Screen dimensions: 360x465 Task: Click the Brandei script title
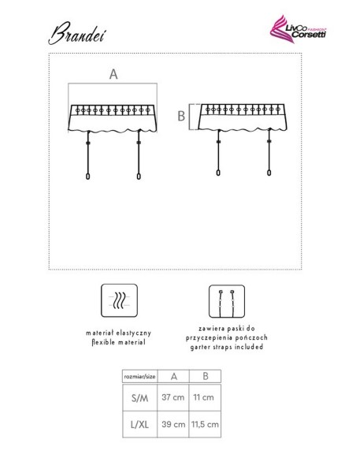tap(77, 33)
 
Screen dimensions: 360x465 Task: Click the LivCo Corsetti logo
tap(298, 29)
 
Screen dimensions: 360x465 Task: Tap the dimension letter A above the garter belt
tap(113, 74)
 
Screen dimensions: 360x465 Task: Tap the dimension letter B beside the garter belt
tap(181, 116)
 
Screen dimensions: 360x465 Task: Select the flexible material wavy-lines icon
tap(120, 300)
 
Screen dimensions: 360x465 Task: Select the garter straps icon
tap(227, 301)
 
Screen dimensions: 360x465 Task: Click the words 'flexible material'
tap(118, 342)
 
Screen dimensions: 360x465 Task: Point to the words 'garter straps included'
tap(227, 347)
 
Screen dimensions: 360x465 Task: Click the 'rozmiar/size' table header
tap(140, 377)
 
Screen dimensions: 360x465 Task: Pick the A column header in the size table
tap(174, 377)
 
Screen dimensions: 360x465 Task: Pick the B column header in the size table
tap(206, 376)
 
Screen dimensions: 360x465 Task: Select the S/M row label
tap(140, 398)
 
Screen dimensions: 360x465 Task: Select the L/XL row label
tap(139, 425)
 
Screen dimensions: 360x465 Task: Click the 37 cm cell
tap(173, 397)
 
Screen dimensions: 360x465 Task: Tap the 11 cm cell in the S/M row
tap(203, 397)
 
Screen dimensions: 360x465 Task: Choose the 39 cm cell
tap(173, 424)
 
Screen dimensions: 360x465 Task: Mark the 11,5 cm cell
tap(205, 424)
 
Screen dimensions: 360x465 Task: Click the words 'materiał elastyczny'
tap(118, 333)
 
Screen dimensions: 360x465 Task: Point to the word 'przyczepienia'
tap(210, 338)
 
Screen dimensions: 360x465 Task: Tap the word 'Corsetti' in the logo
tap(309, 35)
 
